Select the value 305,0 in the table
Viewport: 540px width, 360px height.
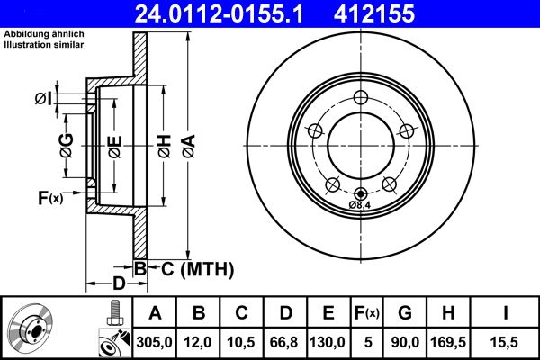point(155,342)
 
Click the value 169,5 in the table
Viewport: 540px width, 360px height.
point(447,342)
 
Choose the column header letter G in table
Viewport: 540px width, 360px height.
point(405,313)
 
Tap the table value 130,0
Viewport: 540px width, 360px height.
point(327,342)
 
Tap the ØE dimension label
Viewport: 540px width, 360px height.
point(114,146)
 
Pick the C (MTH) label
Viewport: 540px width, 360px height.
point(191,268)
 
